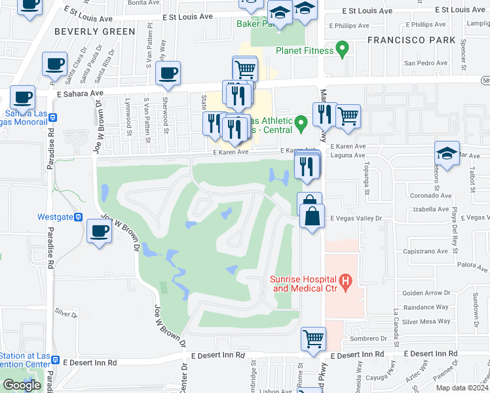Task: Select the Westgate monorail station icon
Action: (x=78, y=217)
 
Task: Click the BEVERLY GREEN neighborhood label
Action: (x=94, y=31)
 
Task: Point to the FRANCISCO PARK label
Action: (x=411, y=40)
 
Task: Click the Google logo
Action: (x=22, y=384)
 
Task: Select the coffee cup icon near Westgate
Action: (x=99, y=231)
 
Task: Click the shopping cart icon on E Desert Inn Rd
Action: (x=313, y=339)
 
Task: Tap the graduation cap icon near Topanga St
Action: (x=447, y=154)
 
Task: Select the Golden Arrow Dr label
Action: (x=425, y=293)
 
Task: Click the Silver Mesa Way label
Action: (x=426, y=321)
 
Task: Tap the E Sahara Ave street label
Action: (x=79, y=94)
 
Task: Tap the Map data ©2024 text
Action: (x=461, y=388)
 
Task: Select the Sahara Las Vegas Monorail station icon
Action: (x=53, y=119)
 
